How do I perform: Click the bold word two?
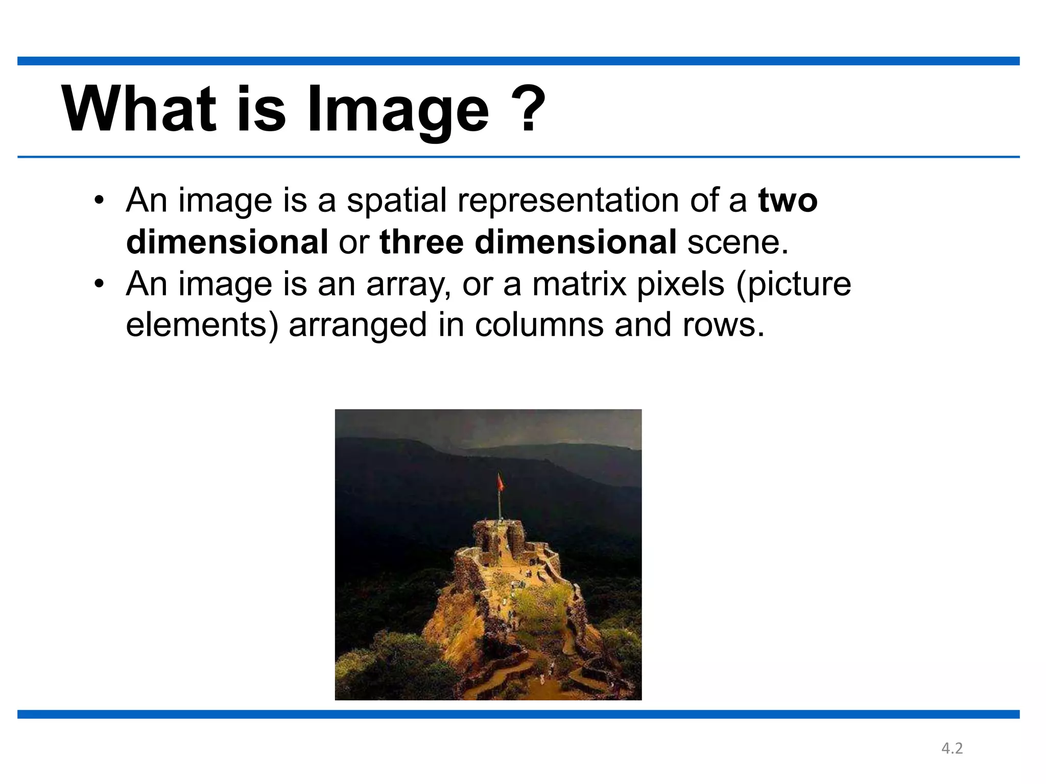pos(788,200)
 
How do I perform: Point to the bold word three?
pos(422,242)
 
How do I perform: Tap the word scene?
pos(738,242)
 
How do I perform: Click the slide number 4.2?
pos(952,748)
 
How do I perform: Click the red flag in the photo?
pos(501,482)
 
